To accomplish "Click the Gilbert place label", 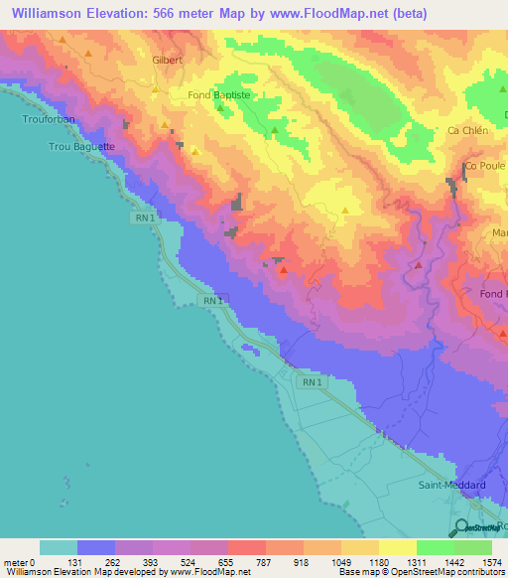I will coord(169,60).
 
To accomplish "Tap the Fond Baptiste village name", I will coord(223,95).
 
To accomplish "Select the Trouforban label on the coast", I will coord(43,118).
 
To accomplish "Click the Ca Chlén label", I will coord(466,130).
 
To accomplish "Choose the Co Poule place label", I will coord(485,166).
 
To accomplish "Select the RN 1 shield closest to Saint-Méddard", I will coord(311,381).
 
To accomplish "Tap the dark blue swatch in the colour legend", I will coord(96,547).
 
